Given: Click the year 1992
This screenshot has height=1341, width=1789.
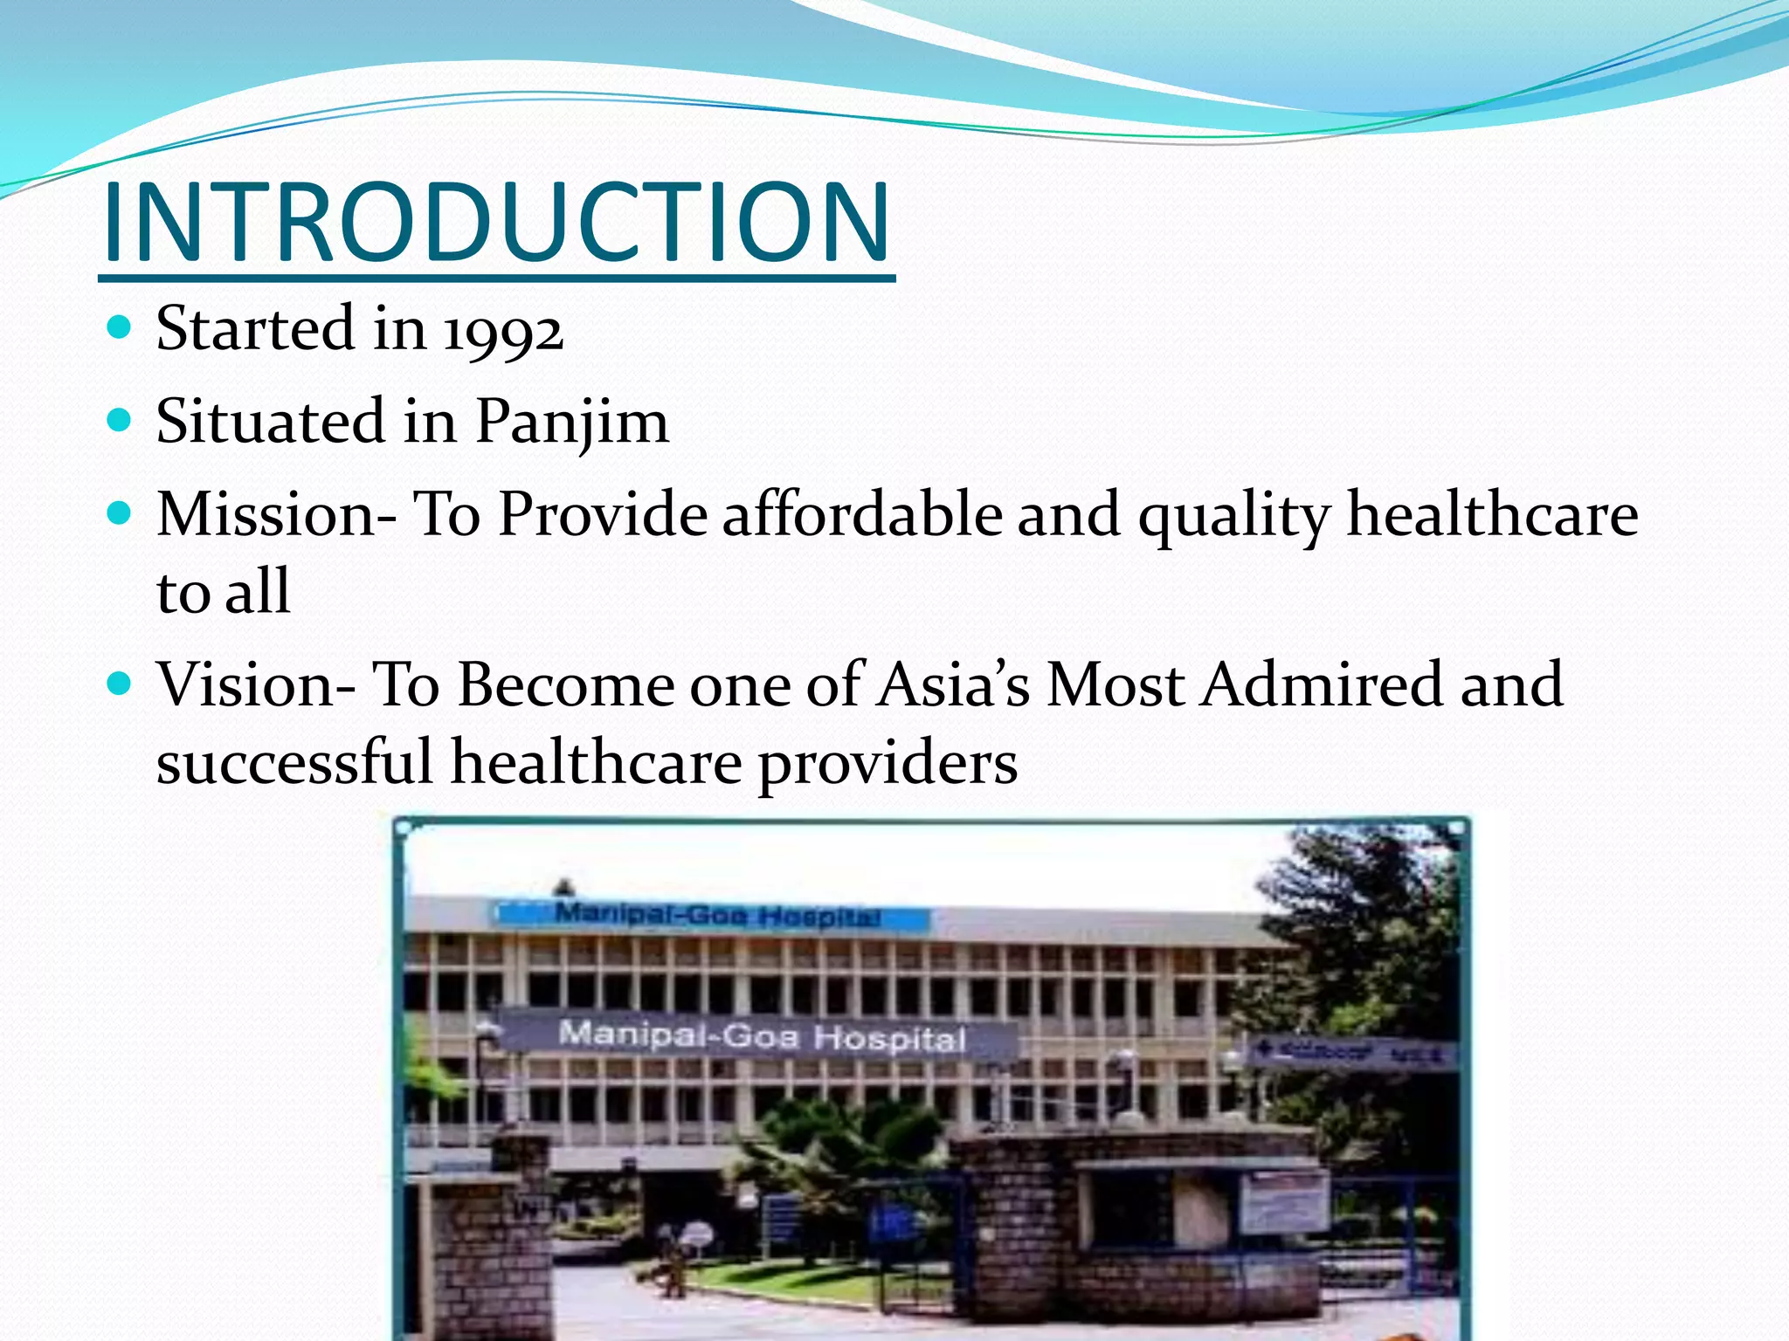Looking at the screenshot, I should pyautogui.click(x=503, y=332).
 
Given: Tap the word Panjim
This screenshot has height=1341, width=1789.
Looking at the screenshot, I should pyautogui.click(x=572, y=423).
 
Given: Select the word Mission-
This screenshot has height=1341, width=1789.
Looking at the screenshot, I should pyautogui.click(x=277, y=514).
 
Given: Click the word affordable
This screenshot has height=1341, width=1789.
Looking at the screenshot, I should pyautogui.click(x=862, y=514).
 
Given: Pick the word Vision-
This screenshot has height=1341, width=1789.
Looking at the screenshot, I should pyautogui.click(x=256, y=684).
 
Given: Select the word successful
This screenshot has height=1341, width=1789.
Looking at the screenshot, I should pyautogui.click(x=294, y=762).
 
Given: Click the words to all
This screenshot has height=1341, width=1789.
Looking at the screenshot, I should pyautogui.click(x=224, y=592).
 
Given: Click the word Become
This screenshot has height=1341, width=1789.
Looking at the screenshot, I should pyautogui.click(x=566, y=684).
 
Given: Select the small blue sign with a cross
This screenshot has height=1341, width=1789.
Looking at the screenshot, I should pyautogui.click(x=1350, y=1052).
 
